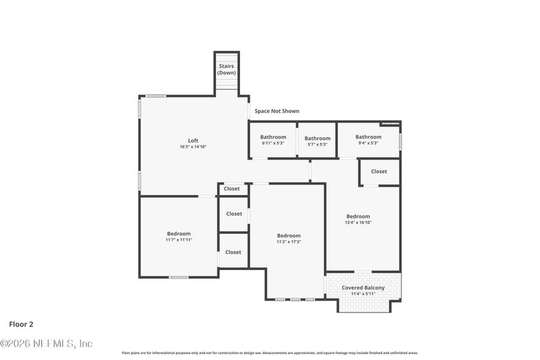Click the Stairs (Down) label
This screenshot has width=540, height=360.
click(226, 69)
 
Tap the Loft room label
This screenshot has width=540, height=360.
click(193, 140)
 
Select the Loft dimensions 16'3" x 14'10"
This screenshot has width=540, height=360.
click(193, 147)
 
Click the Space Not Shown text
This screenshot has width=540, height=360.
click(277, 111)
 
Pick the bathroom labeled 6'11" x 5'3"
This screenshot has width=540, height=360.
click(273, 140)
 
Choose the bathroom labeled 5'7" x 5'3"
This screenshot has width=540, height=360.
click(317, 141)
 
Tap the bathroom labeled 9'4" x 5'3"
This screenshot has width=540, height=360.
click(368, 139)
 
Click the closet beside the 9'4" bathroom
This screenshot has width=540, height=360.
click(379, 172)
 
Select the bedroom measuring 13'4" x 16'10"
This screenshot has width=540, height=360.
click(358, 219)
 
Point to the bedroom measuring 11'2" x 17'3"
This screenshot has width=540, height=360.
click(288, 238)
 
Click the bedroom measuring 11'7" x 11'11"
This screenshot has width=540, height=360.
click(179, 236)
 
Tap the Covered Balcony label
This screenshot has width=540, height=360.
click(363, 288)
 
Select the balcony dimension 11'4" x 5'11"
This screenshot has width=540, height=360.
click(363, 294)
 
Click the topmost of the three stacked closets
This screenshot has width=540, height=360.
click(232, 189)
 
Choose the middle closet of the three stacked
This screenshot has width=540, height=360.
click(234, 214)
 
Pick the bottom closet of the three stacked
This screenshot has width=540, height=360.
click(233, 253)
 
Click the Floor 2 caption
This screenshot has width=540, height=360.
click(21, 324)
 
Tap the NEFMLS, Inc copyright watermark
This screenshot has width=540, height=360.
click(46, 344)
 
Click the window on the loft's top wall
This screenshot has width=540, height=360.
click(157, 96)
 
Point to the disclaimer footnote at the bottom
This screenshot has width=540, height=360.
click(270, 353)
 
